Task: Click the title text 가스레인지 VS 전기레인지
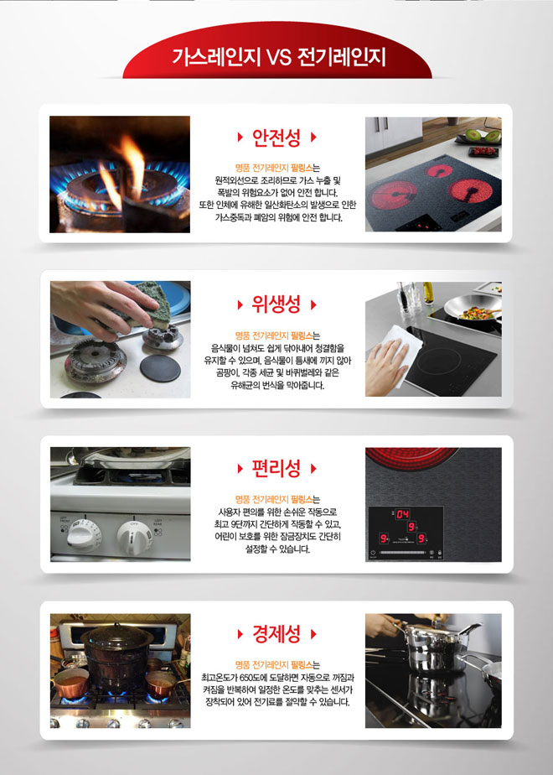tap(277, 57)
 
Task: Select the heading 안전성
tap(276, 136)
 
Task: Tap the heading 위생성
tap(276, 304)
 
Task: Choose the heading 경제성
tap(276, 632)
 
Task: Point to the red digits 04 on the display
tap(403, 513)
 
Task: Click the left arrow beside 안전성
tap(242, 136)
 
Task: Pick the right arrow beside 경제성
tap(314, 632)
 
